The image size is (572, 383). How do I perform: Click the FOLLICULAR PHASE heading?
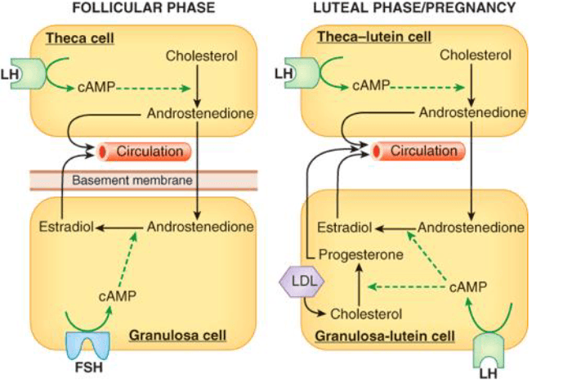coord(144,8)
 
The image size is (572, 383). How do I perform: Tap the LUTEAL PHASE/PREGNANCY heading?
coord(414,7)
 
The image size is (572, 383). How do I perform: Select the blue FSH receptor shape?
coord(87,345)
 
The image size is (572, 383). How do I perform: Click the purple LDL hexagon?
coord(302,282)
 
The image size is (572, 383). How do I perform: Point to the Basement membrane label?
coord(132,180)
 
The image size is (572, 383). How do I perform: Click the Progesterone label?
coord(361,255)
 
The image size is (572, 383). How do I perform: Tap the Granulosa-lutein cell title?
coord(385,336)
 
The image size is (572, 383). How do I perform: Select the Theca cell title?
coord(80,38)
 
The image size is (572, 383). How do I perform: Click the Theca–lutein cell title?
coord(374,37)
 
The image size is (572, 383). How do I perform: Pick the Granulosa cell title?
coord(177,336)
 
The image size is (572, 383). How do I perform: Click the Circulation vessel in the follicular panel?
coord(144,151)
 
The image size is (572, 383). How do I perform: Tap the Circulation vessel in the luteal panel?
coord(418,151)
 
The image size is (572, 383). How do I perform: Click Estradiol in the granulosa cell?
coord(66,227)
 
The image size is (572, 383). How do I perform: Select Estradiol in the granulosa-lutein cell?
coord(344,228)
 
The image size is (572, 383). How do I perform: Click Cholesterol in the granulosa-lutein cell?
coord(366,314)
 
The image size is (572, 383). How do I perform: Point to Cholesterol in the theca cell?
coord(201,56)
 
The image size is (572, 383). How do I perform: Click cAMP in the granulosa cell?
coord(118,296)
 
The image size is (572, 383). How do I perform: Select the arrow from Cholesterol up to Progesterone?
coord(360,285)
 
